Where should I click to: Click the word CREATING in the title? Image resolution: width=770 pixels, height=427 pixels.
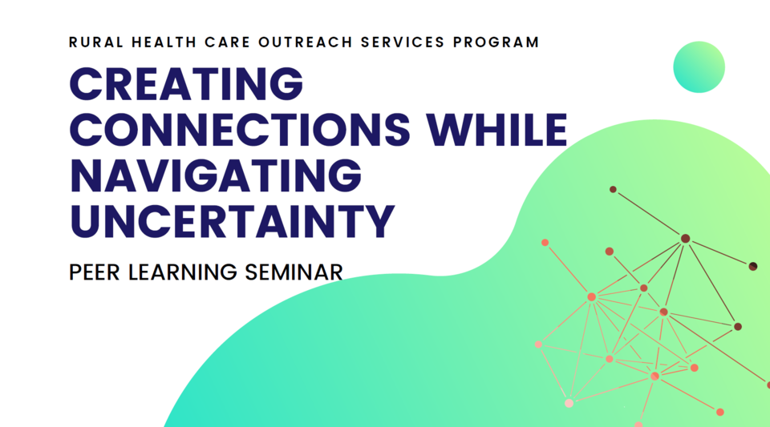(x=187, y=83)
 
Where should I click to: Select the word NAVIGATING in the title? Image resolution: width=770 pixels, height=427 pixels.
(x=215, y=175)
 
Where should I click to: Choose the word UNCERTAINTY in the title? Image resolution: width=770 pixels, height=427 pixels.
(x=233, y=221)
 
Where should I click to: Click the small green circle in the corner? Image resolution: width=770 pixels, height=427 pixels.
(x=699, y=66)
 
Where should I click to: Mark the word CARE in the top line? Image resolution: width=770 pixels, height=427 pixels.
(x=220, y=42)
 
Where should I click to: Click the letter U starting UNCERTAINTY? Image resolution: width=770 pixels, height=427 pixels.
(x=86, y=221)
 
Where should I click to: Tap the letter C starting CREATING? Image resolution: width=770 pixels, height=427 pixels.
(x=85, y=83)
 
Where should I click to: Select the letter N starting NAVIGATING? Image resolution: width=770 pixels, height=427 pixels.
(x=87, y=175)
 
